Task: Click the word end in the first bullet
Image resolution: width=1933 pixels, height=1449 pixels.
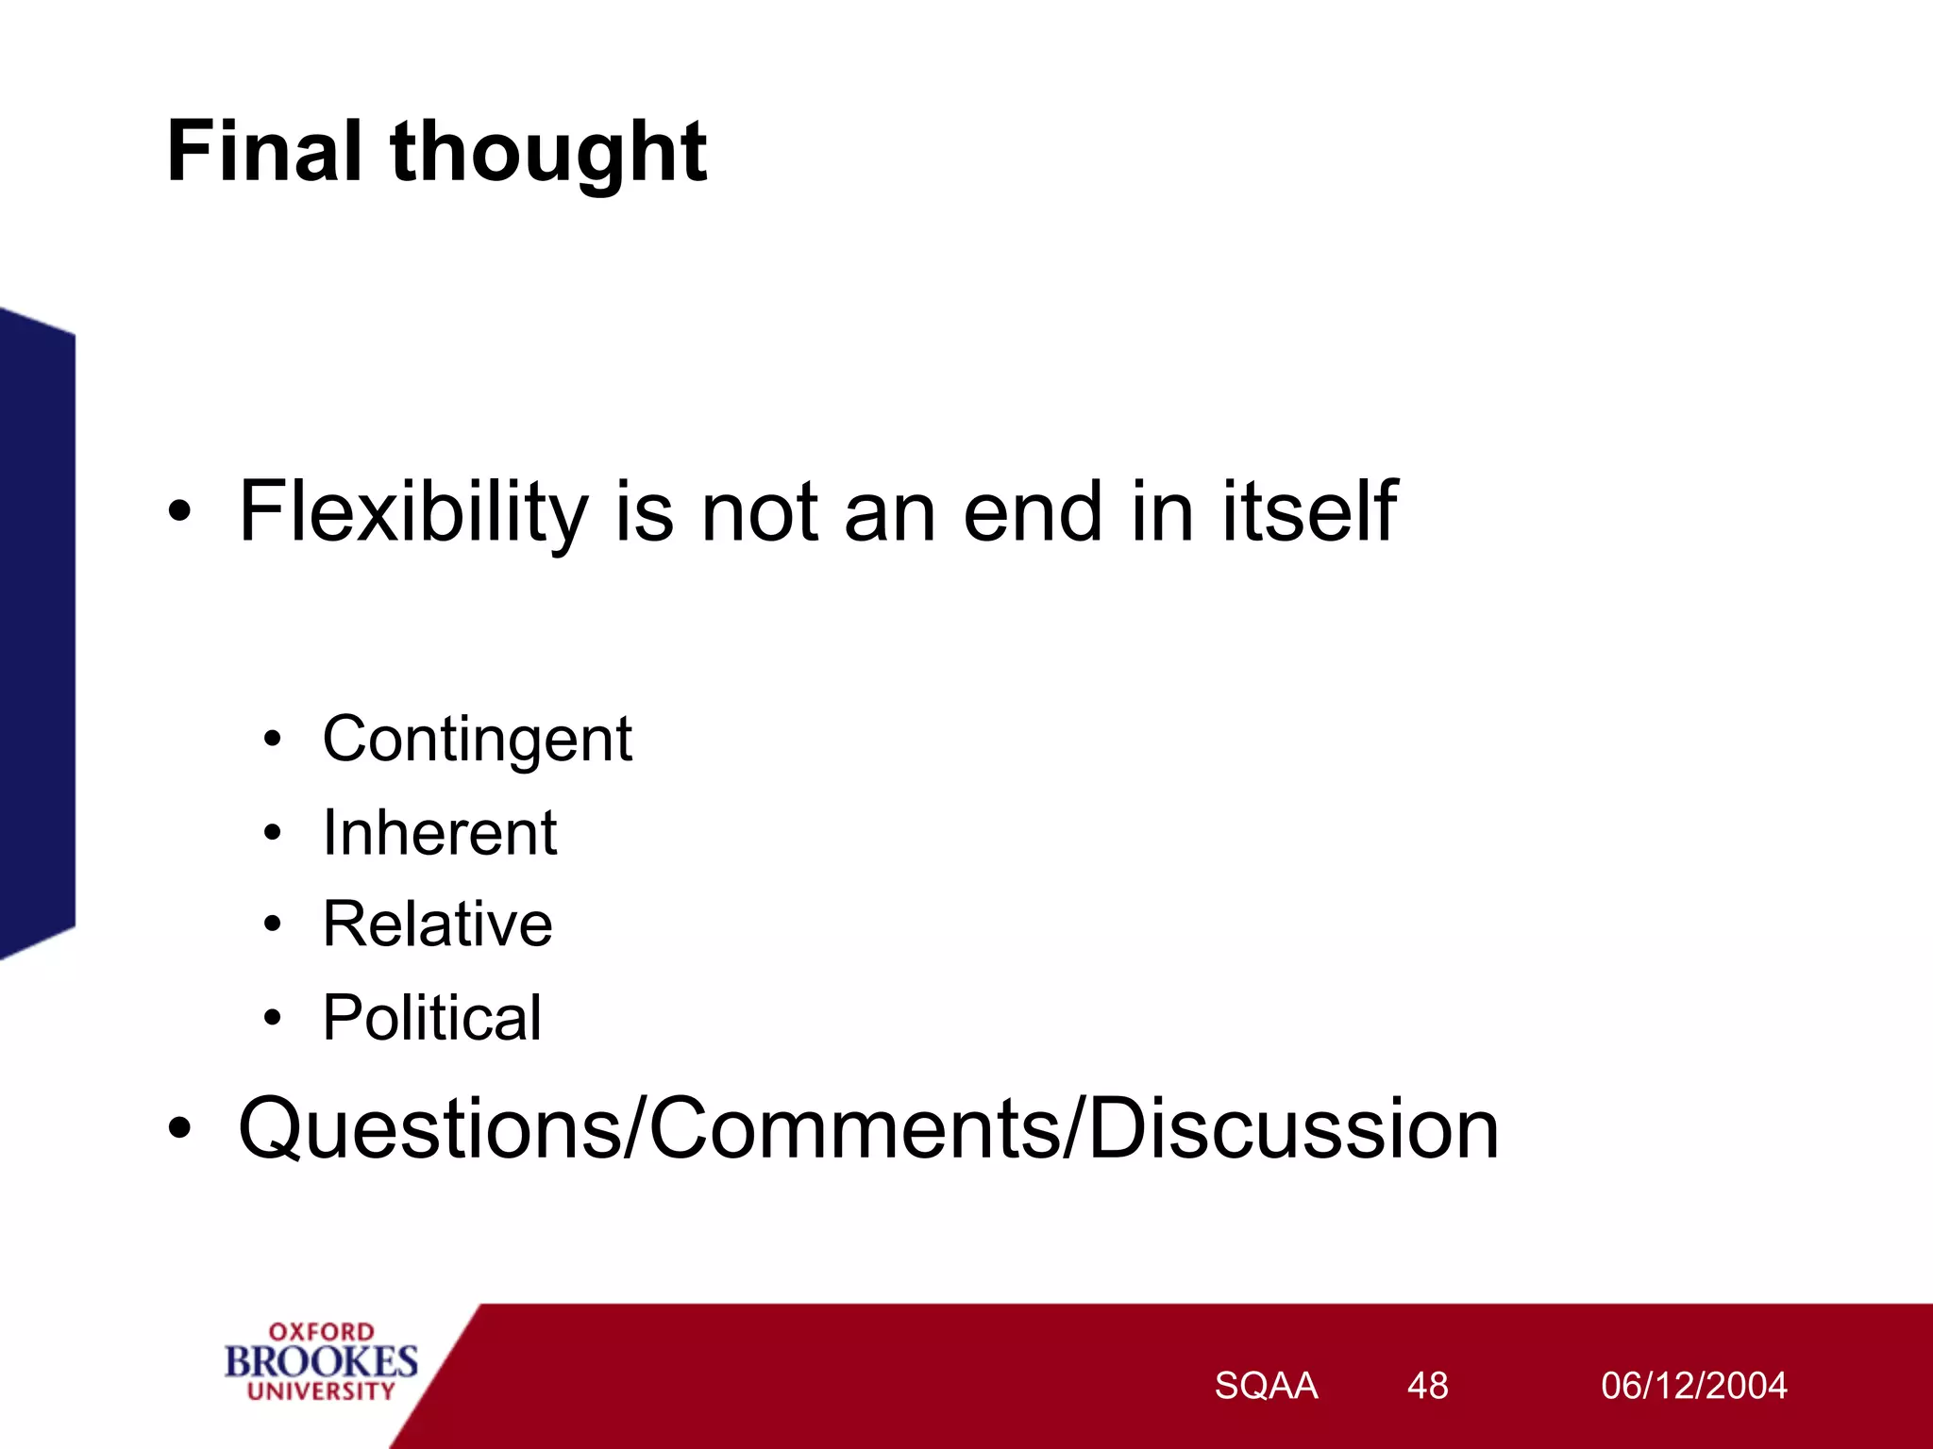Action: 1033,512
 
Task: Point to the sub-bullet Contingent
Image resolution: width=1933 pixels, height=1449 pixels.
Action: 477,739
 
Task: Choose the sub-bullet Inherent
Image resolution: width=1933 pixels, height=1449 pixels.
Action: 439,832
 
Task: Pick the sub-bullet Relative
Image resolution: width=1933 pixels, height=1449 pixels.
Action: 437,924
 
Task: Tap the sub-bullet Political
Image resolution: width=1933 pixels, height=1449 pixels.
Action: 431,1017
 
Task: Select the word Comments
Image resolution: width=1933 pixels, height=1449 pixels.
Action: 854,1128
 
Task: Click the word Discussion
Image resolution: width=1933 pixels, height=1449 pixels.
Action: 1293,1128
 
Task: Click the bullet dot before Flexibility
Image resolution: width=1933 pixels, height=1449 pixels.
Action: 179,512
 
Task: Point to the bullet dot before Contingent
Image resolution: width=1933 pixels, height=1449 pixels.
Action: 273,739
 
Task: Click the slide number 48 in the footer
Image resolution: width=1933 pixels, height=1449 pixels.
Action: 1427,1386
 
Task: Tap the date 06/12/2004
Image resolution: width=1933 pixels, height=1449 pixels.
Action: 1693,1386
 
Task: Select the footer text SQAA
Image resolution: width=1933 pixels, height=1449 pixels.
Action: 1265,1386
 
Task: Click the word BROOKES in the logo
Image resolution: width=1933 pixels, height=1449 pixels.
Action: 321,1361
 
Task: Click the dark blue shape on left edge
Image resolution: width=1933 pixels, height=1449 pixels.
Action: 36,632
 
